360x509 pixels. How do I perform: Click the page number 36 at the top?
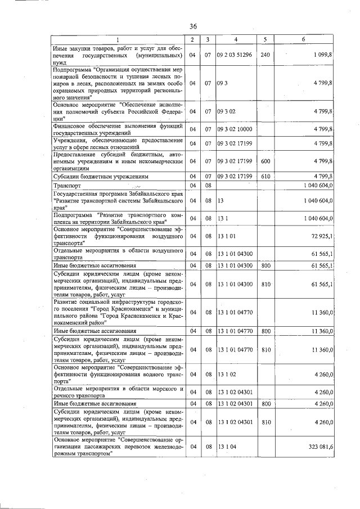193,26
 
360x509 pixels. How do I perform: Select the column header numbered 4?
236,39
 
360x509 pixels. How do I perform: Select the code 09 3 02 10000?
235,129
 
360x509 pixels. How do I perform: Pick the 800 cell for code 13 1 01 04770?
265,332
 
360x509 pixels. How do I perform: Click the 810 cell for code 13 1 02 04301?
265,422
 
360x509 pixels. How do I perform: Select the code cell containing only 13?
220,200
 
